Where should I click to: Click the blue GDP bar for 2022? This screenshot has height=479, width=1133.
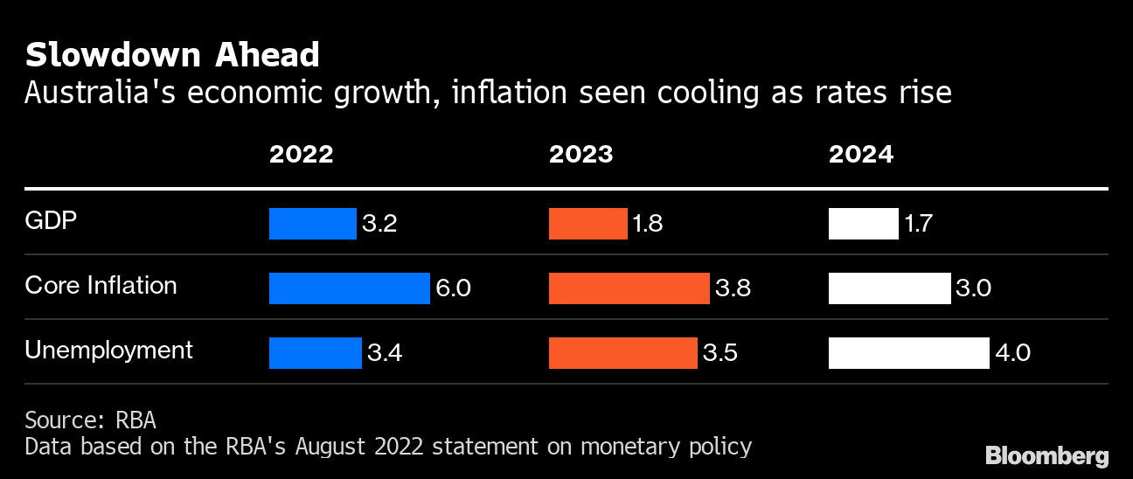pos(312,224)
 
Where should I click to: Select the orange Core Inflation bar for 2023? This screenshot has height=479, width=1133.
pos(629,288)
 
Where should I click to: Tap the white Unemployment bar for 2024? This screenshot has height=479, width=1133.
pos(908,353)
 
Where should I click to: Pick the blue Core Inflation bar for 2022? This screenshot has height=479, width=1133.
pos(349,288)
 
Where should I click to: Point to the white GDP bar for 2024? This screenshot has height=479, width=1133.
pos(863,224)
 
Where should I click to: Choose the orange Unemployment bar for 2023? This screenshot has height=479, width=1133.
pos(622,353)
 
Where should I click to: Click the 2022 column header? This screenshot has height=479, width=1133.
pos(301,155)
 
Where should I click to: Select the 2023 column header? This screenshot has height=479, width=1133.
pos(580,155)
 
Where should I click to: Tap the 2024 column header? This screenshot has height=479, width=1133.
pos(860,155)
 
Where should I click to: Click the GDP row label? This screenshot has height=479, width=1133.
pos(51,221)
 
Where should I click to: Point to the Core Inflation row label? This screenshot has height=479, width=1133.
pos(101,286)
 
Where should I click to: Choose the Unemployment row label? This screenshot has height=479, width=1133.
pos(108,351)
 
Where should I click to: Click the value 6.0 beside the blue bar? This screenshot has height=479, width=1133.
pos(453,288)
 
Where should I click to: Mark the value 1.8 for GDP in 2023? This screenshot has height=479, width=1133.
pos(647,224)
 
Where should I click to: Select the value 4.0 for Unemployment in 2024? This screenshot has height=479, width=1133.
pos(1012,353)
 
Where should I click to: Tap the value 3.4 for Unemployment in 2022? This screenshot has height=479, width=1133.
pos(384,353)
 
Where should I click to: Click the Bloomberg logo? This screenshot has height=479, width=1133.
pos(1046,455)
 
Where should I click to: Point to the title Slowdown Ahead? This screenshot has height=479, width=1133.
pos(172,55)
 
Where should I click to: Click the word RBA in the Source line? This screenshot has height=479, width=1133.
pos(136,420)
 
